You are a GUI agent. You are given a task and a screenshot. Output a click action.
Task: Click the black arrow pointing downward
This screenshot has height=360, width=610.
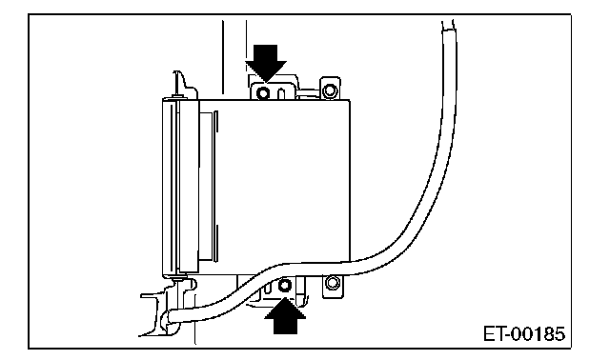click(x=266, y=63)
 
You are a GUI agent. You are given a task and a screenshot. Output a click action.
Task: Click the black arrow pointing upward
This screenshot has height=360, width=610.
click(x=285, y=316)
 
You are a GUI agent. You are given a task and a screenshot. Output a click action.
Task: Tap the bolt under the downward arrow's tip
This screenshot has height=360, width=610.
click(x=263, y=93)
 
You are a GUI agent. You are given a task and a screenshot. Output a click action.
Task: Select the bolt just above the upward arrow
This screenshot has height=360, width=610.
click(x=285, y=286)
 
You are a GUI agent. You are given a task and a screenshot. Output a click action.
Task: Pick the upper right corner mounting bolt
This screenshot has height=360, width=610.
click(x=330, y=91)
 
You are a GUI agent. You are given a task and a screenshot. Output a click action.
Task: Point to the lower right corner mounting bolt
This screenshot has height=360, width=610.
click(x=333, y=282)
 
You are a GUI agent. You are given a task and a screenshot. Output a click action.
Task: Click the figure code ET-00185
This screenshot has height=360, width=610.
click(x=524, y=334)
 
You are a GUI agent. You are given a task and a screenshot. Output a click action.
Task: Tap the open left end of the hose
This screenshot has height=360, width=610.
click(x=171, y=316)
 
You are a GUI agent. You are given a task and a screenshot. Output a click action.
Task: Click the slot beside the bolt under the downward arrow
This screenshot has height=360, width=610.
click(x=281, y=93)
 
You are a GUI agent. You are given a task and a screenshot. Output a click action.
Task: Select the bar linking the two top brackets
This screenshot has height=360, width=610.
click(x=309, y=92)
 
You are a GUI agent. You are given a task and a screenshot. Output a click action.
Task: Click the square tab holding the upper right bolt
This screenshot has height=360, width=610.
click(x=330, y=89)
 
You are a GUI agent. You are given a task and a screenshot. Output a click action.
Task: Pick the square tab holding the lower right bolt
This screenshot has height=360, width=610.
click(x=333, y=286)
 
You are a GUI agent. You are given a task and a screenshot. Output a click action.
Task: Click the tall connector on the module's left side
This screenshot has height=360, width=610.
click(x=180, y=187)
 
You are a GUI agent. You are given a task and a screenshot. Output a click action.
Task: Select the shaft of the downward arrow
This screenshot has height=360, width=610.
click(x=266, y=53)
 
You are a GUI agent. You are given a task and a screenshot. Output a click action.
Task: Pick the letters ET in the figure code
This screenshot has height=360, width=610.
click(x=494, y=334)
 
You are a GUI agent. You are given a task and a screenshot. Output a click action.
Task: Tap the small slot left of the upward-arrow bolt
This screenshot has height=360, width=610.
click(x=268, y=288)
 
